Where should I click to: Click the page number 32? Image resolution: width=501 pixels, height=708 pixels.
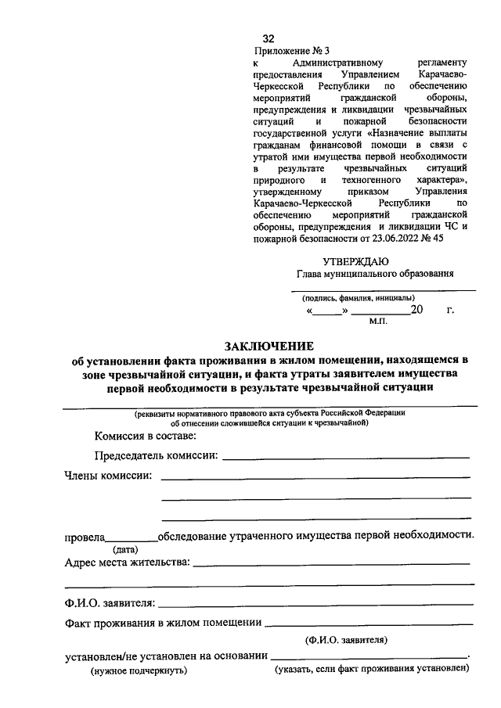point(269,38)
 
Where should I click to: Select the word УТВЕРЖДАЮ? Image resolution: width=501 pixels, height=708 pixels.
point(355,261)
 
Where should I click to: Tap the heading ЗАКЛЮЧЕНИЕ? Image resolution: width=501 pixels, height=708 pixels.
point(269,346)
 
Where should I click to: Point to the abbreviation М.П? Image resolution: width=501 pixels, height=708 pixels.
point(379,322)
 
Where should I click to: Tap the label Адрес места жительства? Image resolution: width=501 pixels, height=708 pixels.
point(127,562)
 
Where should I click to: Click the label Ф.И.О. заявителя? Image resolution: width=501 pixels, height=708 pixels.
point(110,602)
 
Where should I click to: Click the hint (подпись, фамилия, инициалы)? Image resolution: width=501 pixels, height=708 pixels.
point(359,297)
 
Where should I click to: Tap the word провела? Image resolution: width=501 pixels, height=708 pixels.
point(84,537)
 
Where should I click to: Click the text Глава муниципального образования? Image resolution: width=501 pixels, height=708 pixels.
point(375,274)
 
